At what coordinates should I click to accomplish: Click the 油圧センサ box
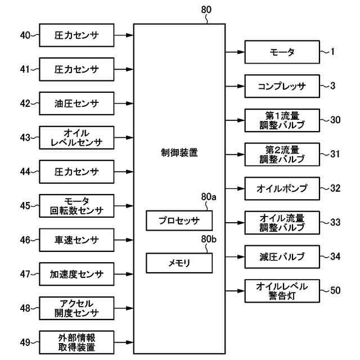tap(76, 103)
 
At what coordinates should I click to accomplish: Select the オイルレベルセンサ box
tap(76, 137)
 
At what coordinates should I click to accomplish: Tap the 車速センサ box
tap(76, 240)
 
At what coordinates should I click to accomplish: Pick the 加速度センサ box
tap(76, 274)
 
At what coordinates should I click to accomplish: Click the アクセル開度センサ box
tap(76, 308)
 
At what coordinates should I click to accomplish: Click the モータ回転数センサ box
tap(76, 205)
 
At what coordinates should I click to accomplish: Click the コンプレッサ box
tap(282, 87)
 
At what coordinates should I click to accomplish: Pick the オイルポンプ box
tap(282, 188)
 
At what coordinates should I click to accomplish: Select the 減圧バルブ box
tap(282, 256)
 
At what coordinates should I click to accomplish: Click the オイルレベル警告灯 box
tap(282, 291)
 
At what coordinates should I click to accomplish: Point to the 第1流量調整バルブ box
tap(282, 120)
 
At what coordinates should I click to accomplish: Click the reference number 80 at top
tap(206, 10)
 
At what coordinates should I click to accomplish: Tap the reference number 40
tap(25, 35)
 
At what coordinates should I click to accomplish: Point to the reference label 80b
tap(208, 240)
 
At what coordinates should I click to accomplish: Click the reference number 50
tap(335, 291)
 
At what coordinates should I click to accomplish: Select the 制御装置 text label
tap(179, 152)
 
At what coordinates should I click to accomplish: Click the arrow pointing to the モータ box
tap(235, 53)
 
